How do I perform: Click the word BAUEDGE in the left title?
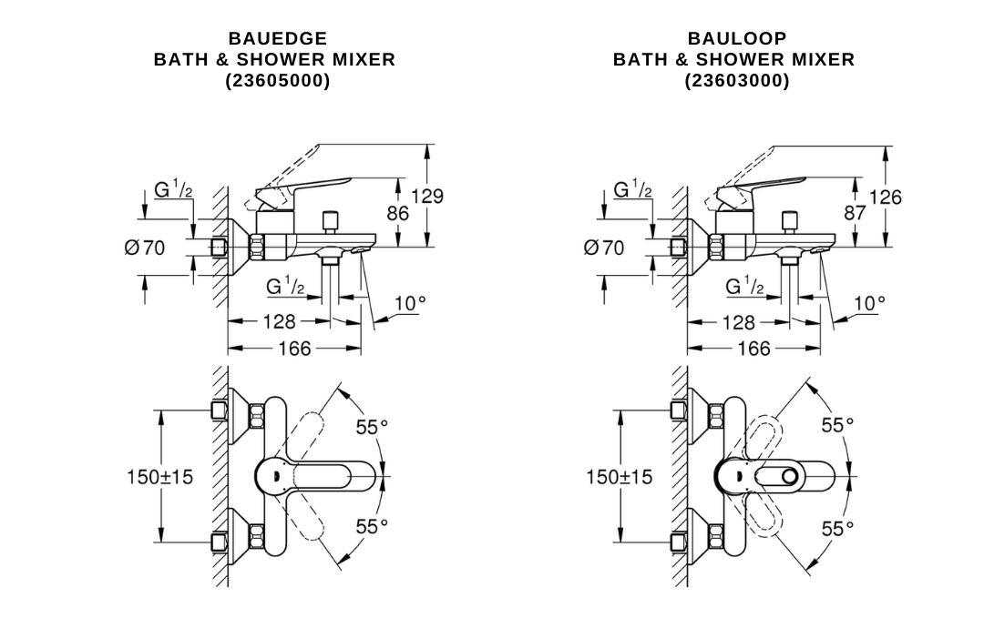277,38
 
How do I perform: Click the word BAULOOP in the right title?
737,38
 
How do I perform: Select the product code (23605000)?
277,81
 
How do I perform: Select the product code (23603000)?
737,81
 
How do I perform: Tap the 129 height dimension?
426,197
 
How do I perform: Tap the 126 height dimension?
885,198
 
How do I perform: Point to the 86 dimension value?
397,214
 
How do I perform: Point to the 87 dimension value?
855,213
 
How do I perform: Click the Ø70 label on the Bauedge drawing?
145,248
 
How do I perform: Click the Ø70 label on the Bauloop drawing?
604,248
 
